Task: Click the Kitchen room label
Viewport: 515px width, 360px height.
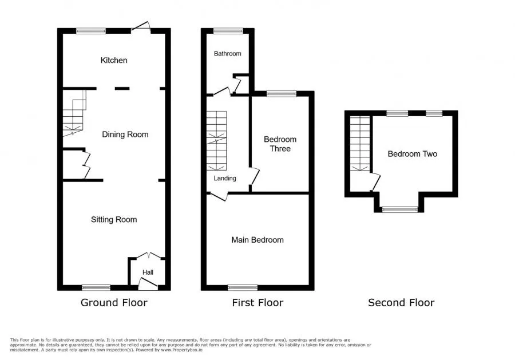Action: [x=114, y=60]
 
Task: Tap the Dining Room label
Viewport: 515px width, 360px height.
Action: [x=125, y=134]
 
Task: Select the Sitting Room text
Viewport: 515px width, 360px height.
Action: [x=114, y=219]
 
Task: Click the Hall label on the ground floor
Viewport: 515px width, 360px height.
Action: [x=148, y=272]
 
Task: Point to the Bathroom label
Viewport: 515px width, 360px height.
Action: [x=227, y=54]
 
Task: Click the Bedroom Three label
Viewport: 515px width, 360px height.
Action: [x=280, y=144]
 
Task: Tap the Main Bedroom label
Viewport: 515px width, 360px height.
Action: [x=257, y=240]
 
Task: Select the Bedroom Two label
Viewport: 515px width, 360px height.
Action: [x=412, y=154]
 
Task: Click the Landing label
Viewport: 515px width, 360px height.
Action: [x=225, y=178]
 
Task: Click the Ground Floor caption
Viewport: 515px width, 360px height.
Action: [x=114, y=303]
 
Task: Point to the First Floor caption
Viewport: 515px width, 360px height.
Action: [x=257, y=303]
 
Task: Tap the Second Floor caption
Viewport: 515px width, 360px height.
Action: [x=401, y=303]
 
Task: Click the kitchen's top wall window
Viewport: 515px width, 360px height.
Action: [x=91, y=31]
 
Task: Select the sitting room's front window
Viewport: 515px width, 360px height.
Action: [x=96, y=288]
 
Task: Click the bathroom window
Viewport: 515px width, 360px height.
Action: [x=228, y=31]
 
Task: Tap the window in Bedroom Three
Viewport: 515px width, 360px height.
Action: [x=282, y=94]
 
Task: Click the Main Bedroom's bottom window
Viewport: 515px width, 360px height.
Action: [x=243, y=288]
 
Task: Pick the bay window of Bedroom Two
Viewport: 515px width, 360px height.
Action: [x=400, y=209]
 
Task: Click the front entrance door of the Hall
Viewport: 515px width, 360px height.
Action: [x=148, y=284]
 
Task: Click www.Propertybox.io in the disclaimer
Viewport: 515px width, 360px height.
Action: [x=181, y=350]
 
